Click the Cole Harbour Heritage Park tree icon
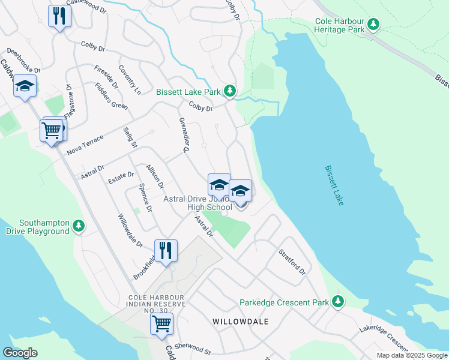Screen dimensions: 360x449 click(x=374, y=24)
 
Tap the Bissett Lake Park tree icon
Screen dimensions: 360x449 click(x=229, y=91)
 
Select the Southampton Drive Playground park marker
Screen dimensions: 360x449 click(x=78, y=226)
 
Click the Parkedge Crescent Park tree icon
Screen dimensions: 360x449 click(x=339, y=302)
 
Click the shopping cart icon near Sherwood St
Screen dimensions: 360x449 click(x=161, y=324)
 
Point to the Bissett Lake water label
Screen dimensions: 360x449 click(x=334, y=186)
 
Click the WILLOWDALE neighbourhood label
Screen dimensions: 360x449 click(x=240, y=322)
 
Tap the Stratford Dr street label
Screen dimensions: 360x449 click(x=292, y=262)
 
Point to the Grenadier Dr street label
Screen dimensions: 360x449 click(x=184, y=135)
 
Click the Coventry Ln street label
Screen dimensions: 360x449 click(x=130, y=80)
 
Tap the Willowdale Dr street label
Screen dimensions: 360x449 click(x=130, y=231)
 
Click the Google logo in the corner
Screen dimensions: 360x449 click(x=20, y=353)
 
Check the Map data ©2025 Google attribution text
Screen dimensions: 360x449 click(x=412, y=355)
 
